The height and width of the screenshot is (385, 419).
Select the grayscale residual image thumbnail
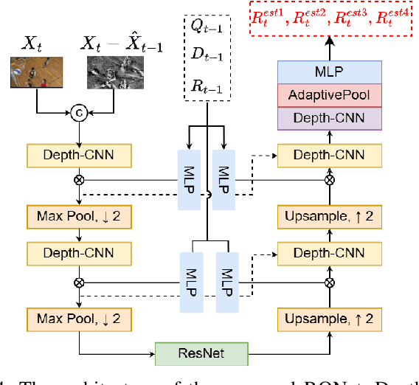(112, 77)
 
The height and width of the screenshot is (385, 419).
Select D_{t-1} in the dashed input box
(206, 57)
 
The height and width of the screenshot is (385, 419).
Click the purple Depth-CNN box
(329, 119)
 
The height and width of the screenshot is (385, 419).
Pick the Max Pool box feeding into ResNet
(77, 319)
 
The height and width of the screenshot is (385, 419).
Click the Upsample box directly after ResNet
(329, 319)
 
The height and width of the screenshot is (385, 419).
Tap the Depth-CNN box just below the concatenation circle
(77, 155)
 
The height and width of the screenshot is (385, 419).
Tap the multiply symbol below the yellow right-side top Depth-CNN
(329, 179)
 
